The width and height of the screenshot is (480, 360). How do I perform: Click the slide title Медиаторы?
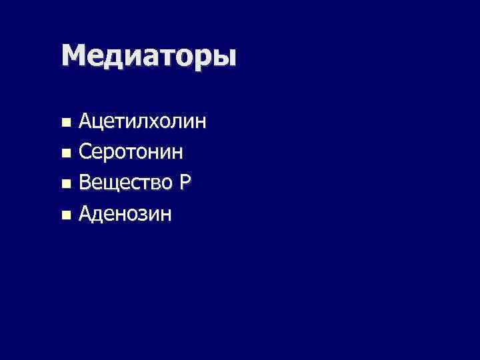pos(149,55)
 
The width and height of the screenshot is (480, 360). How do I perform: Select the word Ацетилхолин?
pos(142,122)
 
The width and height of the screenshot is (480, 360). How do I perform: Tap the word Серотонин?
pos(131,153)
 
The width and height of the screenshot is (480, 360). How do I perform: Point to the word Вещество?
pos(125,183)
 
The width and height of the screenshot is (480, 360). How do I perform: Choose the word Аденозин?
pos(125,214)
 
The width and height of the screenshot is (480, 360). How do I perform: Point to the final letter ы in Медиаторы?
pos(225,57)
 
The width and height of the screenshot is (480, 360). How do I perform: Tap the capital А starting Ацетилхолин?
pos(86,122)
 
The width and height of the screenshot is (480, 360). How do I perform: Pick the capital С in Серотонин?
pos(85,153)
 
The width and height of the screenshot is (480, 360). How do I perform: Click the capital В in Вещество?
pos(85,183)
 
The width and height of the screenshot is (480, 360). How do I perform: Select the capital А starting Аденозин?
pos(86,214)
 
